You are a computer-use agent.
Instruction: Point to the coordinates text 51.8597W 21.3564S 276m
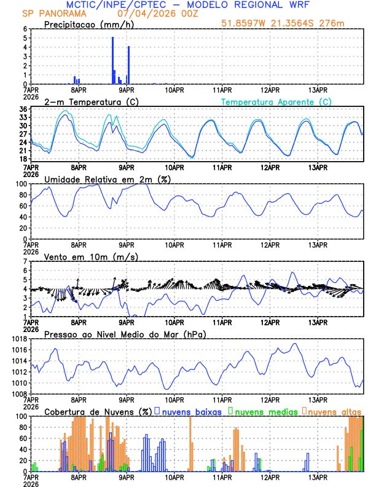[x=283, y=23]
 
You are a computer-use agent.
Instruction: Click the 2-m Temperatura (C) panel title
[x=91, y=101]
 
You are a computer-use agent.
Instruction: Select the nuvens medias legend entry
[x=263, y=411]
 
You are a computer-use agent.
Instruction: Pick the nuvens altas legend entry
[x=334, y=411]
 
